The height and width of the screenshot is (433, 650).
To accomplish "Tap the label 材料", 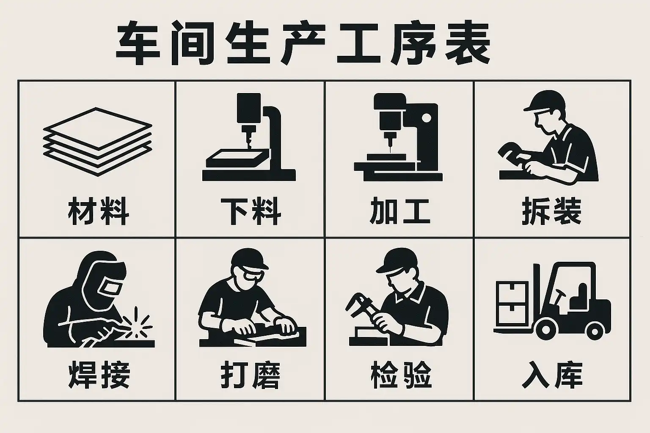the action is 98,211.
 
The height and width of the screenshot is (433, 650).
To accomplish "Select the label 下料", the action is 251,211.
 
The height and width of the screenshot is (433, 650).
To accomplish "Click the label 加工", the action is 399,211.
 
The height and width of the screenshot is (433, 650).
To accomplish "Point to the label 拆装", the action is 552,211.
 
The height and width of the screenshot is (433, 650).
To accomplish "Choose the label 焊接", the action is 99,375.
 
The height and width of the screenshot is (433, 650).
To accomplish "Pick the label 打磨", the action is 251,375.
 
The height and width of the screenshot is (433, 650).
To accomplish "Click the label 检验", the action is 401,375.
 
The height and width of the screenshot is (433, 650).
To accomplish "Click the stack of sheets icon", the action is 97,142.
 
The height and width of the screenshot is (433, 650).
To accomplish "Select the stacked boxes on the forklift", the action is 512,303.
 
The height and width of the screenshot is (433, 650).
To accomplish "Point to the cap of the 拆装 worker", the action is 545,101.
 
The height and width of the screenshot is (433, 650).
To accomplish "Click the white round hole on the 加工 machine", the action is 426,118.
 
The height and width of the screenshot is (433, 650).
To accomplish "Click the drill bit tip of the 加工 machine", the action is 390,151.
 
